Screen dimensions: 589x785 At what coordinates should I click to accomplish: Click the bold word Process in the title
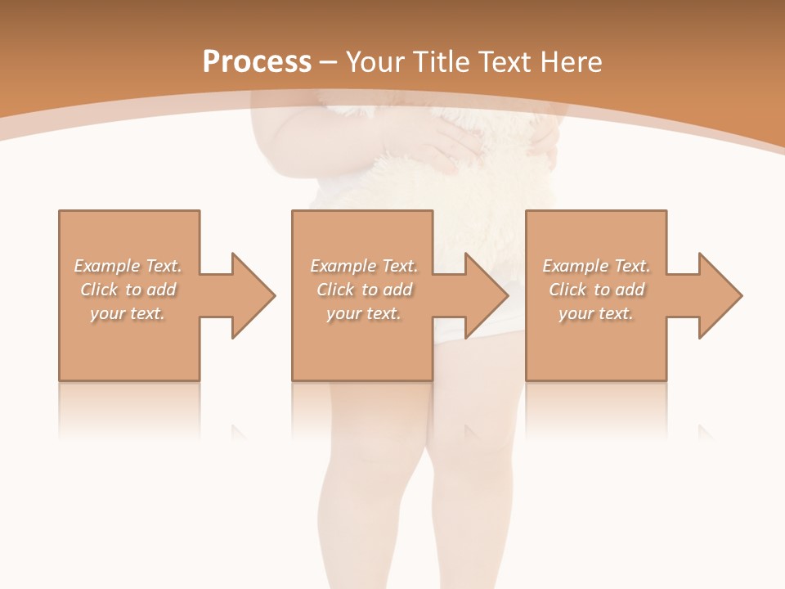(257, 62)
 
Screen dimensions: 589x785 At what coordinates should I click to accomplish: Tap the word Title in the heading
(440, 62)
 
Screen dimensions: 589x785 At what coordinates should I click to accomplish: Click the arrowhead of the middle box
(486, 295)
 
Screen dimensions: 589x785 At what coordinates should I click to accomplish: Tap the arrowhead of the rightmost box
(720, 295)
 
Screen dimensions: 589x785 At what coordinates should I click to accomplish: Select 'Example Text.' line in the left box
(128, 266)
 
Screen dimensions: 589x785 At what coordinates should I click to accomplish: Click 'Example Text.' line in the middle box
(364, 266)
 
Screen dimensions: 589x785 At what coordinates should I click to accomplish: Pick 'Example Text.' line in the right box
(596, 266)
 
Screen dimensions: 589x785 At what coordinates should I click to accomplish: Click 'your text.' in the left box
(128, 313)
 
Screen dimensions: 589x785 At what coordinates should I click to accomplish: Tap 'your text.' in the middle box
(364, 313)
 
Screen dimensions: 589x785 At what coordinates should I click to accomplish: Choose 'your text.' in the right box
(596, 313)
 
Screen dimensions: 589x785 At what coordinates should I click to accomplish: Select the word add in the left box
(162, 290)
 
